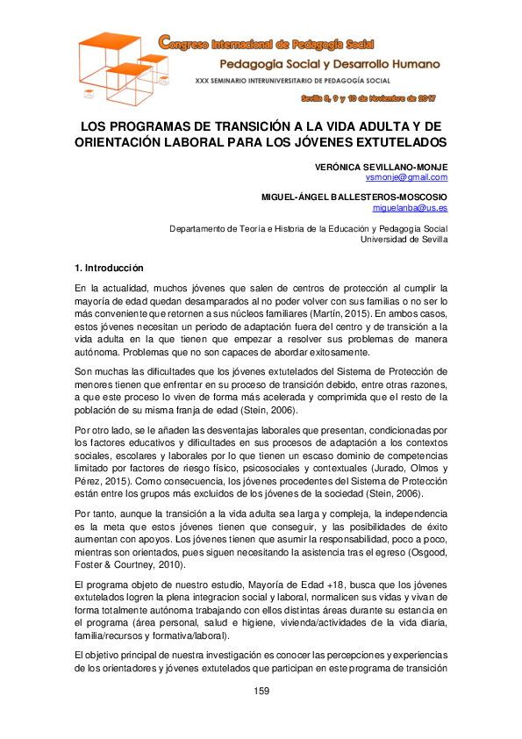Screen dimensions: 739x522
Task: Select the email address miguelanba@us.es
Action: tap(410, 208)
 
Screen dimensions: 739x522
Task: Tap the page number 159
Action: tap(261, 691)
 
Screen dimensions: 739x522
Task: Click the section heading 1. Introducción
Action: tap(109, 268)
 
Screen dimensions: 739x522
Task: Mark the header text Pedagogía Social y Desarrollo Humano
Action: tap(329, 64)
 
